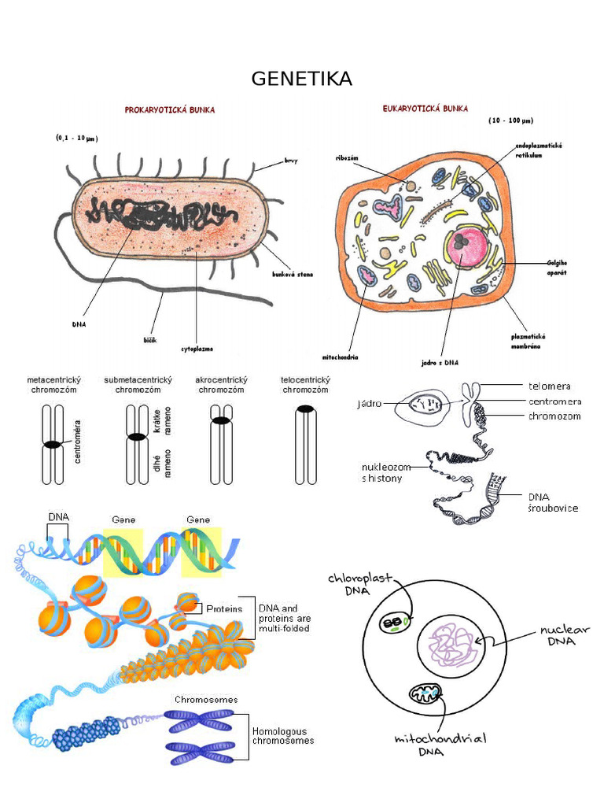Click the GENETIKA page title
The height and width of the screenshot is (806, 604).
tap(302, 79)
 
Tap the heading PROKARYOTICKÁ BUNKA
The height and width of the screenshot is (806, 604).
tap(169, 110)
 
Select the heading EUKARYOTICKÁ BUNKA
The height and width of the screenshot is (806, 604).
tap(425, 108)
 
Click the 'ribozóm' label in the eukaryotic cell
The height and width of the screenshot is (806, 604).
tap(346, 157)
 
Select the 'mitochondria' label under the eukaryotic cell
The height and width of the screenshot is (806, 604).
tap(341, 356)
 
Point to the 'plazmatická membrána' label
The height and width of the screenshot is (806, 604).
tap(528, 341)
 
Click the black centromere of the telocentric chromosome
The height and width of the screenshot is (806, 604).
tap(305, 409)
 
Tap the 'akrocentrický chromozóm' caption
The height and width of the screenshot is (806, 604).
tap(221, 385)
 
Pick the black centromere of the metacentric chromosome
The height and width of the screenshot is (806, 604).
tap(52, 445)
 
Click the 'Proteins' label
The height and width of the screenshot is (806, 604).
tap(224, 608)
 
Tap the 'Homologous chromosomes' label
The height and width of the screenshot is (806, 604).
tap(283, 735)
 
